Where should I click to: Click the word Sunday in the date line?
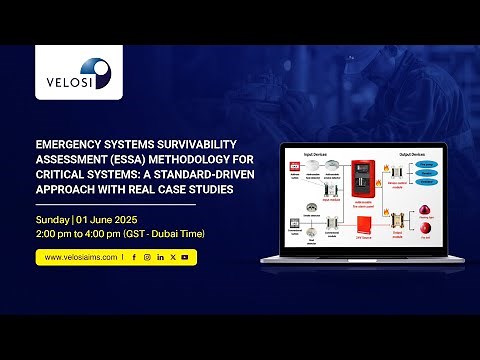(53, 219)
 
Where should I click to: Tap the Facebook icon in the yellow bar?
(134, 257)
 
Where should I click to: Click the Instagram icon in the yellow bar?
(147, 257)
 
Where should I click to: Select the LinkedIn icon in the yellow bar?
(160, 257)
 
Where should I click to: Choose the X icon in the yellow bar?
(172, 257)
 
